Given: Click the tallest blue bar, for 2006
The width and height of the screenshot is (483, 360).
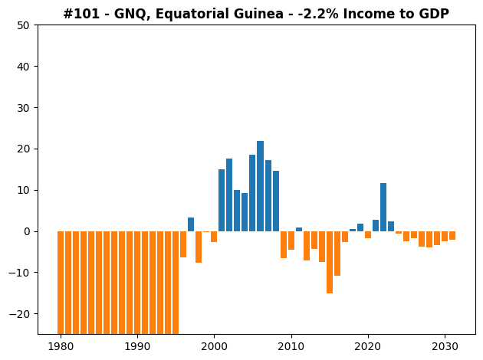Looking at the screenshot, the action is (x=261, y=186).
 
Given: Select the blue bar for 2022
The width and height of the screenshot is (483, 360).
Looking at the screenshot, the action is (x=383, y=207).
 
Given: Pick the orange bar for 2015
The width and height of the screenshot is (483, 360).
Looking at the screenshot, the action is (x=330, y=262).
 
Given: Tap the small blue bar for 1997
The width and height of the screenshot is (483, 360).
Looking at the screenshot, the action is (x=191, y=224).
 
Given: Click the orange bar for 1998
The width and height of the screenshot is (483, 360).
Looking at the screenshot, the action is (x=199, y=247).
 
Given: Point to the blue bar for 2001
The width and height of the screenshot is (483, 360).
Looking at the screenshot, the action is (x=222, y=201).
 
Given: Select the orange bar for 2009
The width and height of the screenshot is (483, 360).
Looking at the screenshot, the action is (x=284, y=244).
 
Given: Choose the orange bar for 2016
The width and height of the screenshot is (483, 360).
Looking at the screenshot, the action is (x=337, y=254).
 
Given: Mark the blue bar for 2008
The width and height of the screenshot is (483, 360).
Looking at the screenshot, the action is (x=276, y=201).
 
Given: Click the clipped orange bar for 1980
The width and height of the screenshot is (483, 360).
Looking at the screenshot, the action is (x=61, y=283).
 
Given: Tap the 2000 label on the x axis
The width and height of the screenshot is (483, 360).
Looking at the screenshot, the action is (x=214, y=347).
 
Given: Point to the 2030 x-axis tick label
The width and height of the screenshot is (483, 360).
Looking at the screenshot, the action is (x=445, y=347).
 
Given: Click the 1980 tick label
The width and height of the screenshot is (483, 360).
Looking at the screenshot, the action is (x=61, y=347).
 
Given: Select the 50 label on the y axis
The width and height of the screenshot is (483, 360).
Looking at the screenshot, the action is (x=24, y=25).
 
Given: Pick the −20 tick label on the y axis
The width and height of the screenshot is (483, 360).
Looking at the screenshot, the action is (x=19, y=314).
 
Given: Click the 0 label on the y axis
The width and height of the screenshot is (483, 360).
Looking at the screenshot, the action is (x=27, y=231).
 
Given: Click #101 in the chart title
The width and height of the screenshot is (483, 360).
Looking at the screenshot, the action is (x=81, y=14).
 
